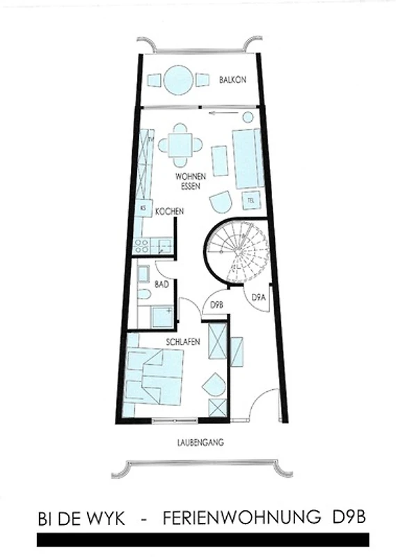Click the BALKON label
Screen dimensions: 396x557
[x=232, y=79]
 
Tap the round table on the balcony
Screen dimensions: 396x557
[x=179, y=80]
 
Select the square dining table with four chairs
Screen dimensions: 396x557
[x=180, y=145]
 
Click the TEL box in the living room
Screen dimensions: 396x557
[x=251, y=201]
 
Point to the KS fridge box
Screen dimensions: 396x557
[x=143, y=208]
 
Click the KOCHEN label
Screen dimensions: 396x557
[x=169, y=212]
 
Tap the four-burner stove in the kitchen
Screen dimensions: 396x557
[x=141, y=246]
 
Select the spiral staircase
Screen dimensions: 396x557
[x=237, y=251]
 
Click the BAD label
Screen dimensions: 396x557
[x=161, y=285]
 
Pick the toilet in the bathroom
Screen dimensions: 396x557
[x=145, y=294]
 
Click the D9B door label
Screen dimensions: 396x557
[x=216, y=305]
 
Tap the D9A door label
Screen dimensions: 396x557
[x=259, y=297]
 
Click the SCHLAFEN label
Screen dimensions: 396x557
[x=183, y=342]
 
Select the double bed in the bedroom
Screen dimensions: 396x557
[x=155, y=377]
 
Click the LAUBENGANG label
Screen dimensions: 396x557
[x=200, y=443]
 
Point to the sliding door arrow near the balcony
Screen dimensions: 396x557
[x=223, y=113]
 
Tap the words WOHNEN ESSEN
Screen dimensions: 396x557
[x=191, y=181]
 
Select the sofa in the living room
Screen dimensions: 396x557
[x=248, y=159]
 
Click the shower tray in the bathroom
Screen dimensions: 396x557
[x=162, y=317]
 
